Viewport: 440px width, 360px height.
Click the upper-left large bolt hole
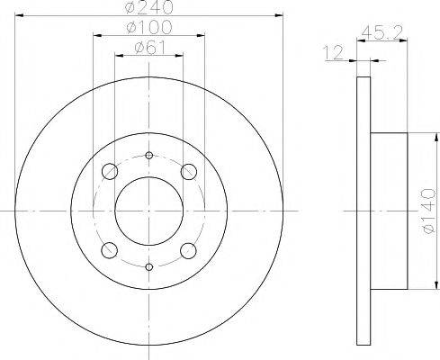point(110,171)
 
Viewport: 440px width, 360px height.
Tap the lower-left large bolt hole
point(110,249)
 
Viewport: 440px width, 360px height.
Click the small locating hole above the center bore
point(149,155)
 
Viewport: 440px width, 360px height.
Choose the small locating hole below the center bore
point(149,265)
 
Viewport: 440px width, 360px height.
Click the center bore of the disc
point(149,210)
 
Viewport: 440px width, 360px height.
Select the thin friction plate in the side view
point(363,210)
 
